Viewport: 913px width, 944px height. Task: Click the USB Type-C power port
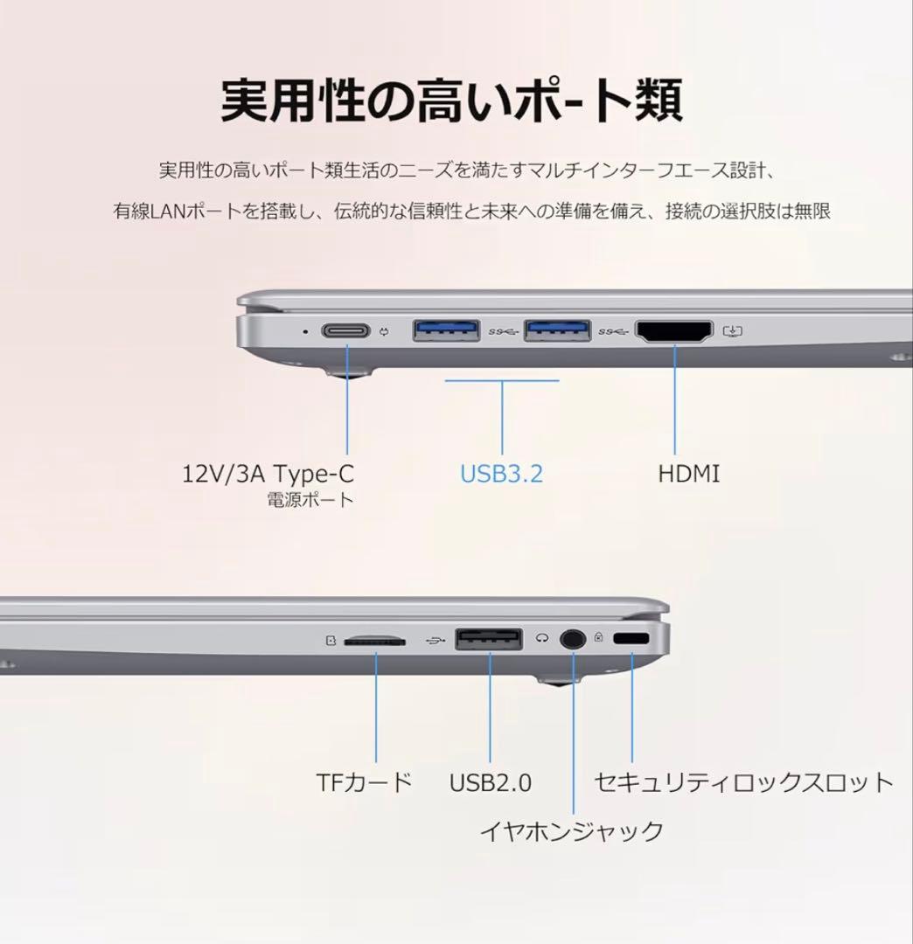pyautogui.click(x=347, y=331)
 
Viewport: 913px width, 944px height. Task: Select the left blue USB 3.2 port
pyautogui.click(x=446, y=331)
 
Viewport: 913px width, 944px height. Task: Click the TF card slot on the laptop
pyautogui.click(x=375, y=641)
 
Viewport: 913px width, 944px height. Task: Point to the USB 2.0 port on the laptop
pyautogui.click(x=489, y=639)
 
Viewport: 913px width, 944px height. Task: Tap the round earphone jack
pyautogui.click(x=573, y=639)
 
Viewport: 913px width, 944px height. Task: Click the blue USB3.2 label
pyautogui.click(x=502, y=475)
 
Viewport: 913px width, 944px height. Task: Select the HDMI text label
pyautogui.click(x=689, y=475)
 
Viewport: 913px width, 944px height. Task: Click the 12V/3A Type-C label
pyautogui.click(x=268, y=475)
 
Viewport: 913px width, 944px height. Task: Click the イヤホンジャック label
pyautogui.click(x=572, y=830)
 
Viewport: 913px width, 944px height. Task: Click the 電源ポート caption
pyautogui.click(x=310, y=501)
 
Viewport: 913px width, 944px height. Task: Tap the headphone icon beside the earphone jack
pyautogui.click(x=543, y=639)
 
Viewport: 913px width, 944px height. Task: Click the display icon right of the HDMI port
pyautogui.click(x=733, y=332)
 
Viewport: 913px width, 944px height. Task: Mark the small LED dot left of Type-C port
pyautogui.click(x=303, y=331)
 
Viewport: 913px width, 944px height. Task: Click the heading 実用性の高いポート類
pyautogui.click(x=451, y=102)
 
